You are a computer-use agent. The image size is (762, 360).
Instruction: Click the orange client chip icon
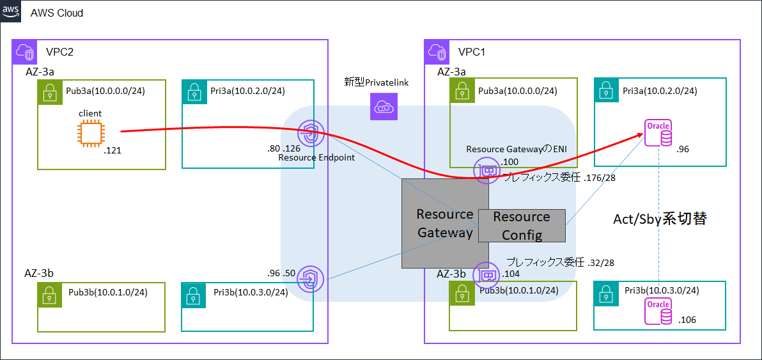[x=90, y=132]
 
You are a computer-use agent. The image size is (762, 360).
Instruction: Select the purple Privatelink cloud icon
[x=384, y=107]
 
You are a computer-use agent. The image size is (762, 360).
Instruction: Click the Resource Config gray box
[x=522, y=226]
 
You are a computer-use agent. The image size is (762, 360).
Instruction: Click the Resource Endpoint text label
[x=316, y=157]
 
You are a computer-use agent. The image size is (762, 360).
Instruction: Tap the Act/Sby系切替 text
[x=660, y=219]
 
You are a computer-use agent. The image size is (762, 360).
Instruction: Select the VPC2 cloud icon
[x=25, y=52]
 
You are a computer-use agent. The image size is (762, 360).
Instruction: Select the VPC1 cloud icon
[x=437, y=52]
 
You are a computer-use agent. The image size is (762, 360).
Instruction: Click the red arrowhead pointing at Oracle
[x=639, y=135]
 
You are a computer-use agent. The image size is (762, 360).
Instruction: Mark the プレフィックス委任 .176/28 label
[x=559, y=178]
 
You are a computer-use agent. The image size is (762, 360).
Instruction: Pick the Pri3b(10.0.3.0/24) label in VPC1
[x=662, y=290]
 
